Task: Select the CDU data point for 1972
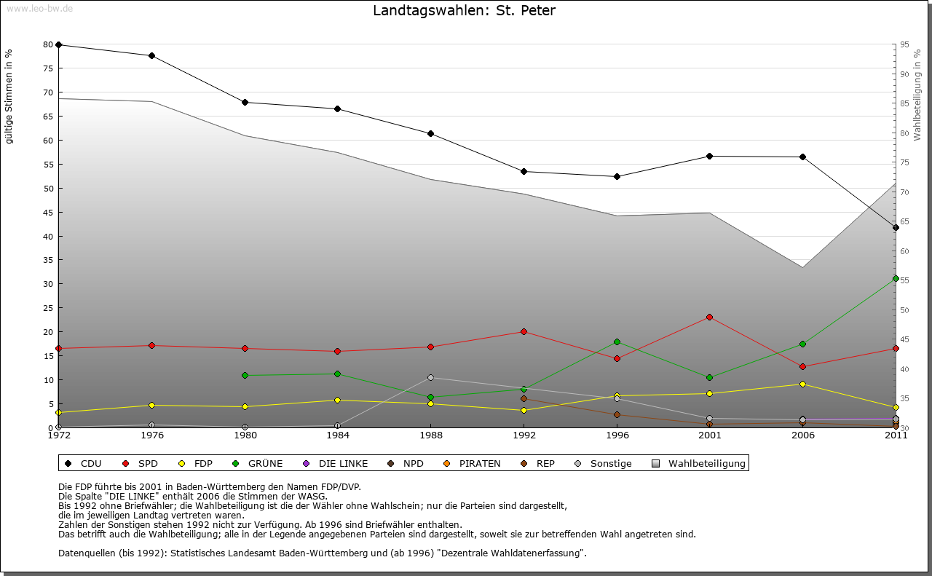(58, 44)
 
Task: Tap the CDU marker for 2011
(896, 227)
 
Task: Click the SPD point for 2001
(709, 317)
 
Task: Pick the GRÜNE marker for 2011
(896, 278)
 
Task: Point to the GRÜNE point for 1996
(617, 342)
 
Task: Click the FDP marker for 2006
(802, 384)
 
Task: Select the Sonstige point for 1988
(430, 377)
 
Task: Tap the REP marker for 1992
(524, 398)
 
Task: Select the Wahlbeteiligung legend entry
(699, 463)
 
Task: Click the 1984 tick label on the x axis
(338, 435)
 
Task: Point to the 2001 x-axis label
(709, 435)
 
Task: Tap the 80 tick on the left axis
(48, 44)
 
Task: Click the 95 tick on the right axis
(904, 44)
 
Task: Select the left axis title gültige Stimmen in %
(9, 96)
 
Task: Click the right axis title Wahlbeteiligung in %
(917, 95)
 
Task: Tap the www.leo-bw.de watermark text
(39, 8)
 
